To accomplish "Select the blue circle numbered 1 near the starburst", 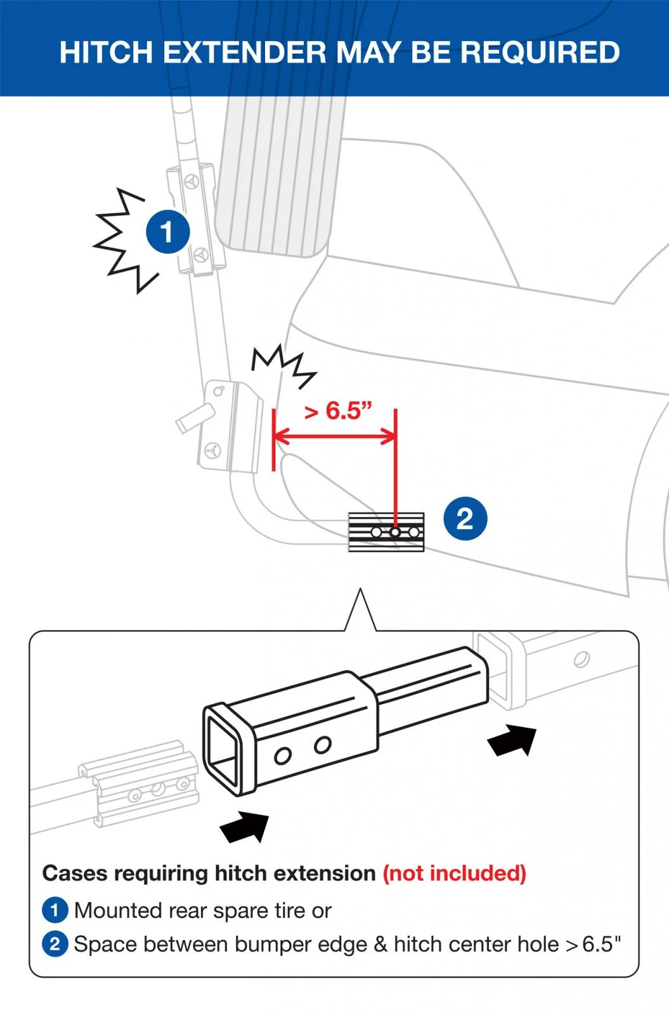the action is click(x=167, y=232).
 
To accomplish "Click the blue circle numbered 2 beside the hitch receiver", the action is click(x=465, y=518).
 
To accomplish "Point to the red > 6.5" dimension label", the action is click(x=337, y=410).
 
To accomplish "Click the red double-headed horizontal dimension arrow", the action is click(x=335, y=437).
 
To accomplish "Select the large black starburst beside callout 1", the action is click(x=120, y=240).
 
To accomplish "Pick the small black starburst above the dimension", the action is click(x=284, y=366).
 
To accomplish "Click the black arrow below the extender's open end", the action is click(x=245, y=827).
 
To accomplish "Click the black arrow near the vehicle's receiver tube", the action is click(x=512, y=740).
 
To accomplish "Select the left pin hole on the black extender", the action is click(x=283, y=756).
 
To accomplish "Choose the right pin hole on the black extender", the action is click(x=323, y=745).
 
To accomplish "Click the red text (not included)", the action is click(x=454, y=874).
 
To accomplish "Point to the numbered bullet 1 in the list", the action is click(x=55, y=910).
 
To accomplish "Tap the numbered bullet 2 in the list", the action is click(x=55, y=944).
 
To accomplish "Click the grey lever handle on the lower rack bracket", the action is click(x=195, y=417).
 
